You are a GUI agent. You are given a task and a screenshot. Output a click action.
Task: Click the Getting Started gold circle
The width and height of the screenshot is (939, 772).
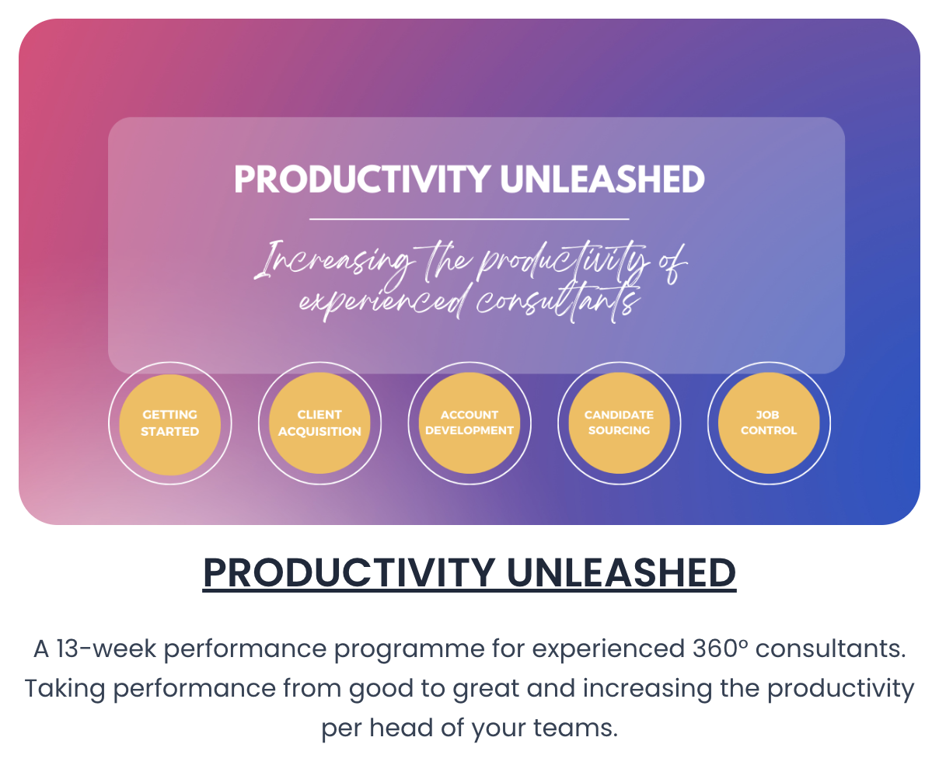169,424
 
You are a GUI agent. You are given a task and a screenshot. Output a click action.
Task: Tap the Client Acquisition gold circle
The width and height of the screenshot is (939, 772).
319,423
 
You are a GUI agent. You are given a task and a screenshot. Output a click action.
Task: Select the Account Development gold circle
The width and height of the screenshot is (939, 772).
469,423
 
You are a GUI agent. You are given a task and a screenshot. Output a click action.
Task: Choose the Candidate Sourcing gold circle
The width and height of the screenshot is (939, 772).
619,423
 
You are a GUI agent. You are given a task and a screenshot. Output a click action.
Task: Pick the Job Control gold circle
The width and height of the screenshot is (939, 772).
769,423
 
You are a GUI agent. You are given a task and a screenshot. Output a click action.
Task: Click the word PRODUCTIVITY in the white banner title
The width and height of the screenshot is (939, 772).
362,179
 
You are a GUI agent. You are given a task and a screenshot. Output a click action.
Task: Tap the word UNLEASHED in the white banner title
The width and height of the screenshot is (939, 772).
602,179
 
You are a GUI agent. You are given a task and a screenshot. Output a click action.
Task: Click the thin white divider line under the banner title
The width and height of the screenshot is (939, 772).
469,219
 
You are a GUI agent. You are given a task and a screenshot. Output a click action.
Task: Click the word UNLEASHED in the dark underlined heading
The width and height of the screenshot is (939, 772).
621,573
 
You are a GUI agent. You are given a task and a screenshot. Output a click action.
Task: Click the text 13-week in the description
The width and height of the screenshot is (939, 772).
106,649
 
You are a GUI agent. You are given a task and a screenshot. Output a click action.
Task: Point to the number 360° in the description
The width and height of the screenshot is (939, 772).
720,649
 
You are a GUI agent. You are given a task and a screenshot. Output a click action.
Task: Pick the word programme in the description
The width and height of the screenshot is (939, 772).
409,649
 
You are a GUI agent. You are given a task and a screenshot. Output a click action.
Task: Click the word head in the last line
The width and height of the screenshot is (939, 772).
401,728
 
